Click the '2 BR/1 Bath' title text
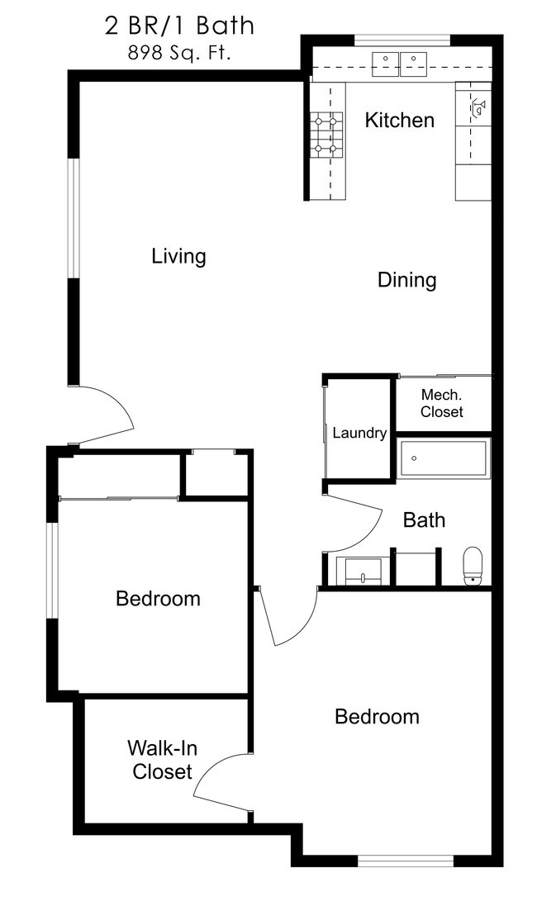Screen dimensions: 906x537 click(x=179, y=26)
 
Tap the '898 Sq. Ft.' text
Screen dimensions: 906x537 click(x=179, y=55)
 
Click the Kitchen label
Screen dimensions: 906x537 click(x=399, y=121)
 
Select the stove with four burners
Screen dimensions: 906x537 click(x=326, y=135)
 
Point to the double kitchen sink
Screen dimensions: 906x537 click(x=400, y=63)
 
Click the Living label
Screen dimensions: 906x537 click(x=178, y=256)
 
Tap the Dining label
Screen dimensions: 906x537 click(x=406, y=280)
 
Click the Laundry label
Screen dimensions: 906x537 click(x=359, y=433)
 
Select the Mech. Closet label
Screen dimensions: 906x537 click(x=441, y=403)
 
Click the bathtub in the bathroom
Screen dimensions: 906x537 click(x=444, y=458)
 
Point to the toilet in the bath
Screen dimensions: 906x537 click(x=473, y=565)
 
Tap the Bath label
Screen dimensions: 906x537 click(x=424, y=520)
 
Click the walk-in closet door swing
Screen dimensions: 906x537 click(x=219, y=780)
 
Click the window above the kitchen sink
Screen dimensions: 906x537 click(x=402, y=40)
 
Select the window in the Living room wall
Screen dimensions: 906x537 click(x=74, y=218)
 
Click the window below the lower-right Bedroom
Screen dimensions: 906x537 click(x=406, y=861)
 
